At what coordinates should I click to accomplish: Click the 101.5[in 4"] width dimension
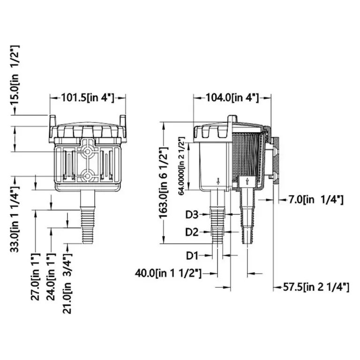88,98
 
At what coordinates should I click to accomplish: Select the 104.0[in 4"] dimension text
232,97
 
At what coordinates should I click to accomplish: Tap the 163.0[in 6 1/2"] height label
164,182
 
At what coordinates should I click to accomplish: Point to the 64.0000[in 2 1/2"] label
181,166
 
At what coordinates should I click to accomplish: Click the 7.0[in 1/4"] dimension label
315,200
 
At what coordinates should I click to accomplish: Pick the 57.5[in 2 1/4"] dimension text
315,287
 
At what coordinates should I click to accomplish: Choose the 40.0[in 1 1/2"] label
168,273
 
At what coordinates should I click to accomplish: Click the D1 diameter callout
192,255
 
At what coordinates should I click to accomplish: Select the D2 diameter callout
192,232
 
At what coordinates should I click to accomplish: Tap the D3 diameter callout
192,215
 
